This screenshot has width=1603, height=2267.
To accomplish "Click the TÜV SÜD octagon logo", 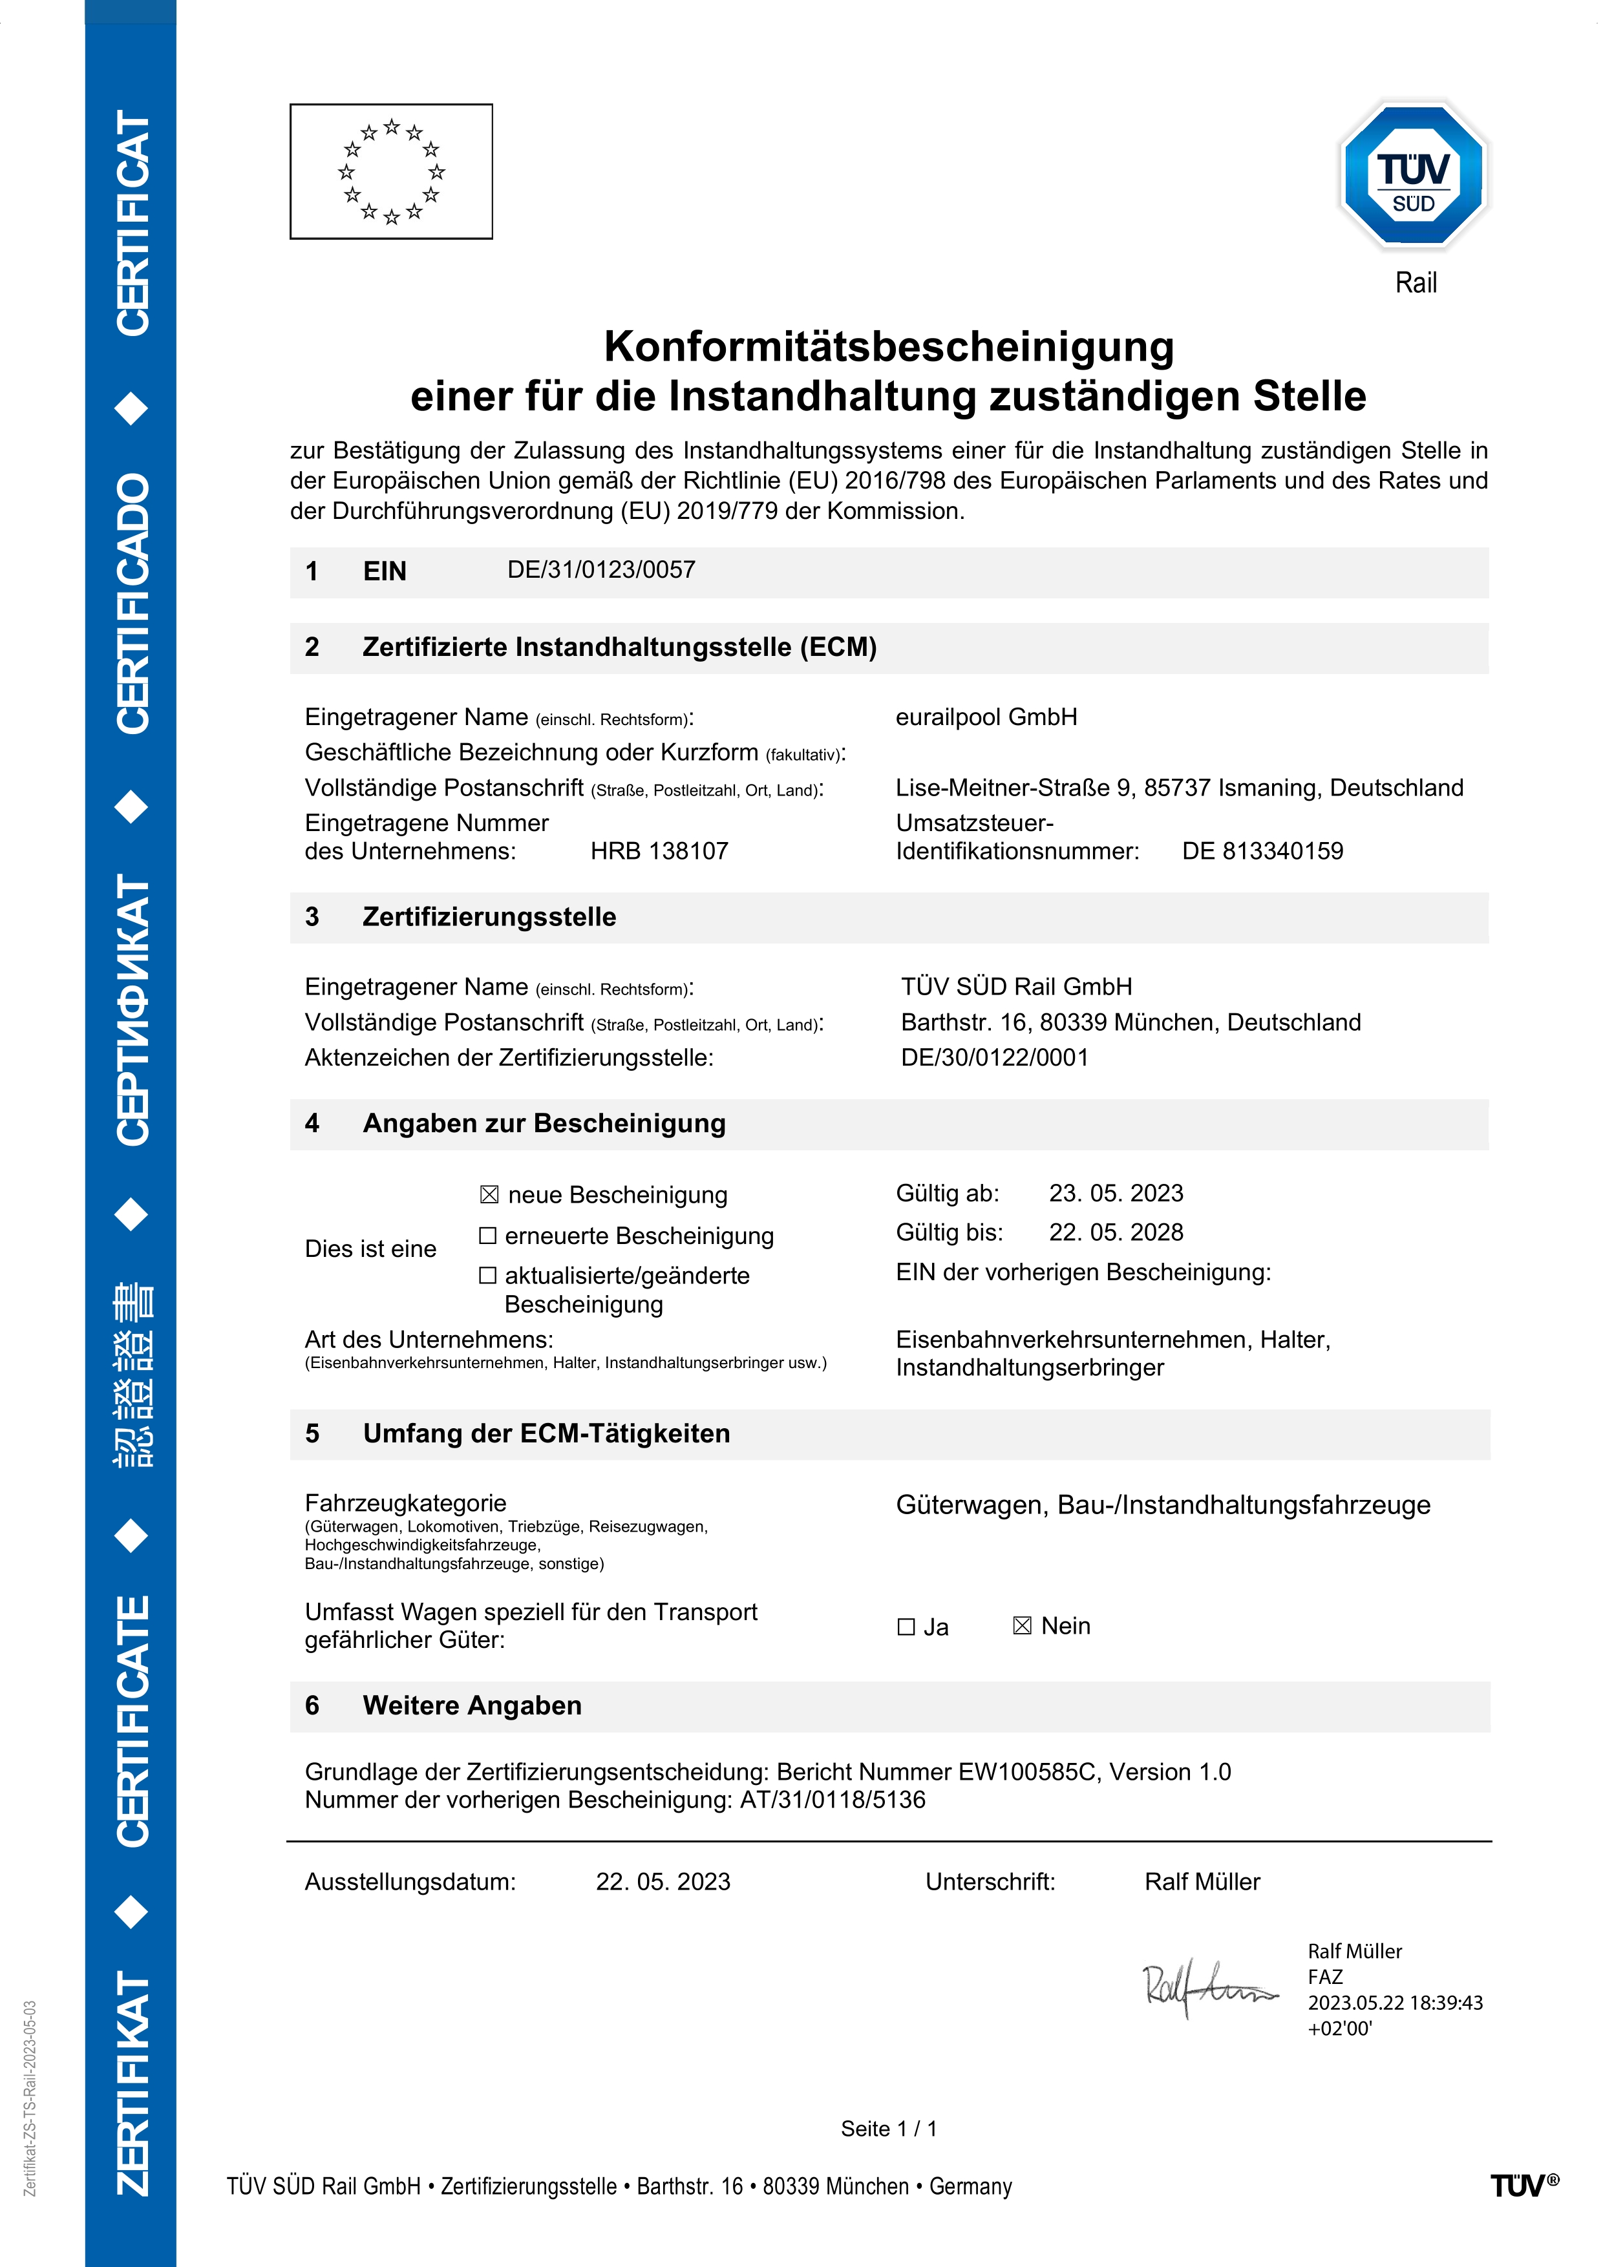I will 1414,176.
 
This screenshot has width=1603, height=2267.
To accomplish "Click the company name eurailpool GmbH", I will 986,717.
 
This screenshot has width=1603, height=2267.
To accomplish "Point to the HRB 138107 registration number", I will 659,851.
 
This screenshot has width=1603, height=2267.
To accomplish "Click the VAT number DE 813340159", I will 1262,851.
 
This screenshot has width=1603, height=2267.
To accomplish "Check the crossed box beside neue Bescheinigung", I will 489,1195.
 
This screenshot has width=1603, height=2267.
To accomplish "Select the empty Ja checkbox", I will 906,1626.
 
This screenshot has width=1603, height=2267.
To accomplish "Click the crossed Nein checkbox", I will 1023,1625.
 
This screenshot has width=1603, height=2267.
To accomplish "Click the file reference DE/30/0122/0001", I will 995,1057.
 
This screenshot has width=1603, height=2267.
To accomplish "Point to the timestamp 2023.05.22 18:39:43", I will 1395,2003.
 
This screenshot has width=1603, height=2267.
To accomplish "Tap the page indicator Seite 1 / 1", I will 889,2129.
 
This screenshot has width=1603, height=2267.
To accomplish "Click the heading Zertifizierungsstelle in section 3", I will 489,917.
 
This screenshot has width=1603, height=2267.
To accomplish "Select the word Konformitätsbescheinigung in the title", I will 889,346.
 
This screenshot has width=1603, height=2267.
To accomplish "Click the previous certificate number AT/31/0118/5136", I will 833,1800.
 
